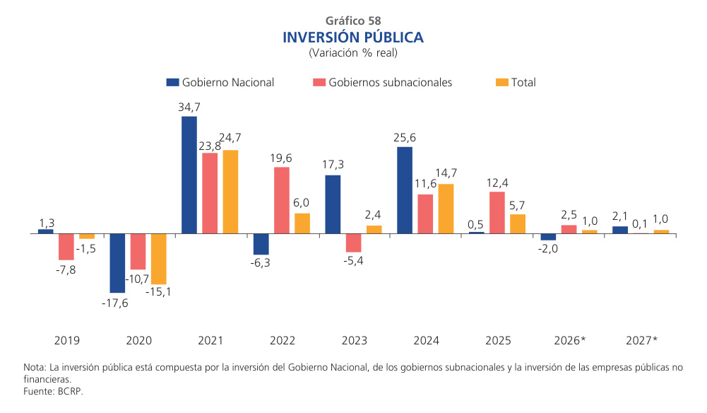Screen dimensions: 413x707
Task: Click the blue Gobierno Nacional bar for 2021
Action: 189,175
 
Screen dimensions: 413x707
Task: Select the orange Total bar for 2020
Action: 159,259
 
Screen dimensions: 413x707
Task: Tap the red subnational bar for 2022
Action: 282,200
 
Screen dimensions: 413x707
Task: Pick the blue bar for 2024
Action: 405,190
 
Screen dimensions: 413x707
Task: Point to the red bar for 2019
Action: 66,247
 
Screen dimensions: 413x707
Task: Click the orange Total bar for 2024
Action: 446,209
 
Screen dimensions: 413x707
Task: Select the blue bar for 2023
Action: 333,204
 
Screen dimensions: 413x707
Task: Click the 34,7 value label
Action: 189,107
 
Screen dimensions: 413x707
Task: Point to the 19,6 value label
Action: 282,158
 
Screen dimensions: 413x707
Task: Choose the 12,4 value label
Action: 497,183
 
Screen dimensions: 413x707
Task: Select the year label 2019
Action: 67,341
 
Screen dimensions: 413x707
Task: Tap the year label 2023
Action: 354,341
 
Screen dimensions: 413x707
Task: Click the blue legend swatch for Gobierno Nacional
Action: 172,83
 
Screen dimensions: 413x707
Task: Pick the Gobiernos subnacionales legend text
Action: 391,83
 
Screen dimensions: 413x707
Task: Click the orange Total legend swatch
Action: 501,83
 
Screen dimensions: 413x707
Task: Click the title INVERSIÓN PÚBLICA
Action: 353,37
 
